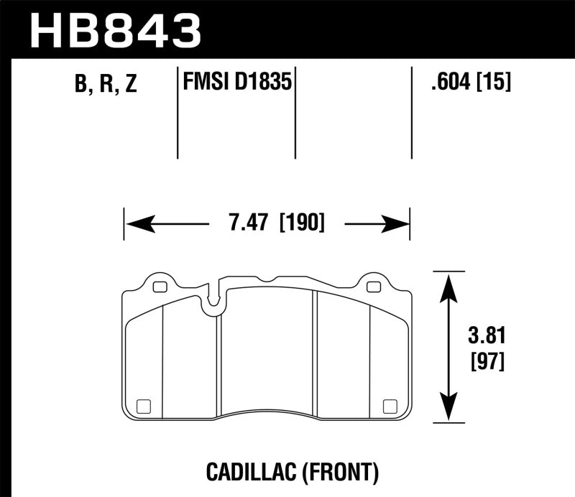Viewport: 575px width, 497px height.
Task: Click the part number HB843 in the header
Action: [x=115, y=31]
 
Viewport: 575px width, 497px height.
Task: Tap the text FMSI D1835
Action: [x=236, y=83]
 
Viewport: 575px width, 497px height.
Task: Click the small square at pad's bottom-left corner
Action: [x=142, y=404]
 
